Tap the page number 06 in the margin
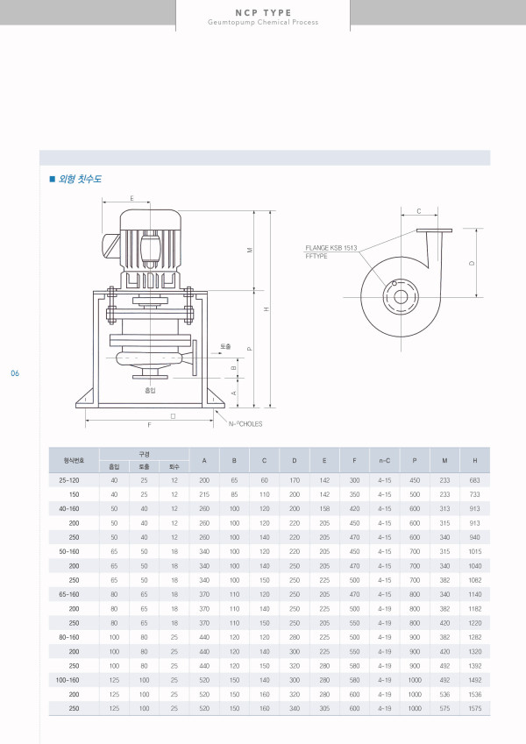[x=15, y=374]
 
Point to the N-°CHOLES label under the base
[x=245, y=424]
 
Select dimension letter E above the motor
[x=132, y=199]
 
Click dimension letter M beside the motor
[x=250, y=251]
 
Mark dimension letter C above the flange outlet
[x=419, y=211]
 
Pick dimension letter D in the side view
[x=472, y=264]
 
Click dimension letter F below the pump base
[x=150, y=424]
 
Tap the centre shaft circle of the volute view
[x=399, y=295]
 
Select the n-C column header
[x=384, y=460]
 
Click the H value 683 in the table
[x=474, y=480]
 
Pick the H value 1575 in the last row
[x=474, y=707]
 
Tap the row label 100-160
[x=68, y=678]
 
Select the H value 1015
[x=474, y=551]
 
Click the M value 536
[x=444, y=693]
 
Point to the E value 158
[x=324, y=508]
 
